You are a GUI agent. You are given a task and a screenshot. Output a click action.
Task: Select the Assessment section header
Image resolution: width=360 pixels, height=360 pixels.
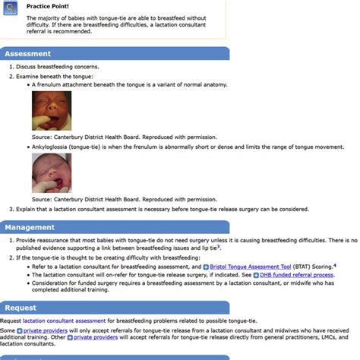(x=28, y=54)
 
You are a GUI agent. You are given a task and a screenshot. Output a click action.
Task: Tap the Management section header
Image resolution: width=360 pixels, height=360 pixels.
(x=30, y=227)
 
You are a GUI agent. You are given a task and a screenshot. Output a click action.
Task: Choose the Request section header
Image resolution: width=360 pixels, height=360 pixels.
(x=21, y=308)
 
